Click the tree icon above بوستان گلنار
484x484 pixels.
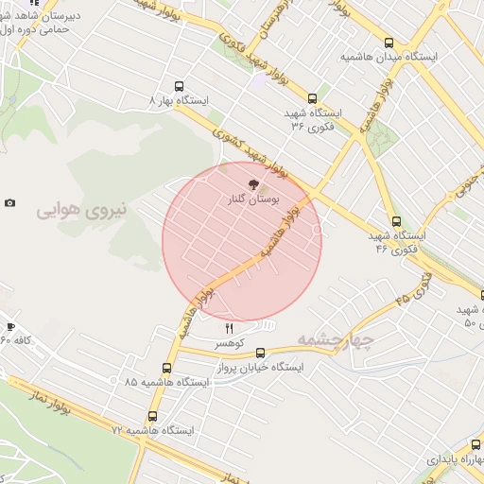click(251, 185)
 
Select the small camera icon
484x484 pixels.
click(9, 203)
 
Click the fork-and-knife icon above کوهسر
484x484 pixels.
click(228, 327)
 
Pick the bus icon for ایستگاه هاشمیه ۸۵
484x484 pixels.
click(167, 369)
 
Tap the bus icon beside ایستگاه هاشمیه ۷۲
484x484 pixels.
click(153, 416)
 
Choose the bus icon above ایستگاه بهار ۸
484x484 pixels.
click(179, 86)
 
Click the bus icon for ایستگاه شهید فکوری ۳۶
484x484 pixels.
click(313, 98)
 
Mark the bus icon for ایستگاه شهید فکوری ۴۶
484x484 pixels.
click(395, 222)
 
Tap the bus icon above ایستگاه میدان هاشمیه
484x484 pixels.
click(389, 43)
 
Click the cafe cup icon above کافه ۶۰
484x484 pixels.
click(10, 326)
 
